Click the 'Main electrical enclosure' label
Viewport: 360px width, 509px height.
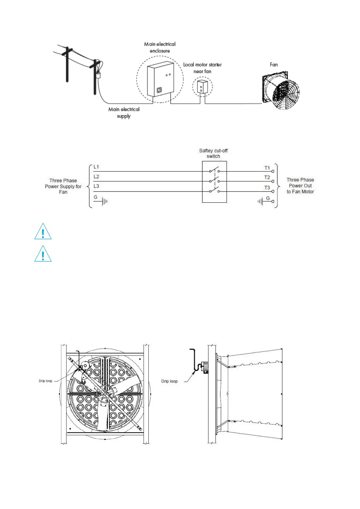160,47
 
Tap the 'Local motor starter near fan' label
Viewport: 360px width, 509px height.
202,68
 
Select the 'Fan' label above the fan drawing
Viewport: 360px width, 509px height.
274,65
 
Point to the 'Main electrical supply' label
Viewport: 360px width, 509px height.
124,112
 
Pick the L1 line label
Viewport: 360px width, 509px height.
96,167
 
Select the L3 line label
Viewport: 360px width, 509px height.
96,186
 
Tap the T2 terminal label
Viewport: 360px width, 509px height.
267,177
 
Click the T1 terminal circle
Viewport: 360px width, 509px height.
273,171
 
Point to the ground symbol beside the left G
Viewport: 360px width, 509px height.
105,201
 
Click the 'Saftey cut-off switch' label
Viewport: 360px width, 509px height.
213,153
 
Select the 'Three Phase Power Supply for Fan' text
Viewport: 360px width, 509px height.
63,186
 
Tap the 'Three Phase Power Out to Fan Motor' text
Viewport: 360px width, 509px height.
300,186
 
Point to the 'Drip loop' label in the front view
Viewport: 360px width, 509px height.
46,381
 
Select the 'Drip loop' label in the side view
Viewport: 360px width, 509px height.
169,381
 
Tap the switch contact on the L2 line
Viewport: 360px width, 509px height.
214,181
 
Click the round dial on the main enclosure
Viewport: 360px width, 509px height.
159,90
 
